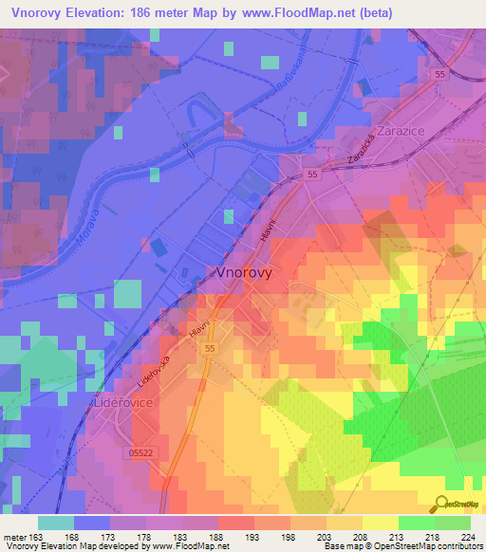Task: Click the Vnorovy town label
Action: (245, 271)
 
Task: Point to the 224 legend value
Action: (465, 536)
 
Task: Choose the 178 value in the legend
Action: (143, 536)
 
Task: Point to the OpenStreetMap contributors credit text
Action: (427, 546)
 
